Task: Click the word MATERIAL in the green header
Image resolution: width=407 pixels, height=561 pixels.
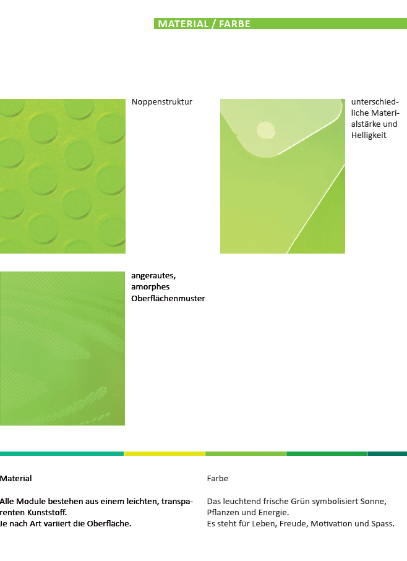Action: (183, 24)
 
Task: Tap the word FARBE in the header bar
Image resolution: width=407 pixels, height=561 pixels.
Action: (234, 24)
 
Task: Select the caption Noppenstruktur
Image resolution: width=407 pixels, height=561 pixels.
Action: (162, 102)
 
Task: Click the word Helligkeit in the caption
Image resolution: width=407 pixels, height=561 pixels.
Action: (369, 135)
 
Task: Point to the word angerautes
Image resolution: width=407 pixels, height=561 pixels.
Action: (153, 276)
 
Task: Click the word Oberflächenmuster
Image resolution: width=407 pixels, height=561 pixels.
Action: (168, 298)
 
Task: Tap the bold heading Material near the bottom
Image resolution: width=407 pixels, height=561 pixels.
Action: (15, 478)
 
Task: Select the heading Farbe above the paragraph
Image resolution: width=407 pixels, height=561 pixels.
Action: (218, 478)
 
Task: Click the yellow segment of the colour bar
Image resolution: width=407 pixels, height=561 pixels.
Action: (165, 453)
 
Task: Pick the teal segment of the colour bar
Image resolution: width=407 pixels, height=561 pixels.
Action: (61, 453)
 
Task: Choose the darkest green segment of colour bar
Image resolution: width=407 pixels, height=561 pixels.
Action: (387, 453)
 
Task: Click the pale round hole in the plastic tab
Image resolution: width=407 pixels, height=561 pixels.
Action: (266, 130)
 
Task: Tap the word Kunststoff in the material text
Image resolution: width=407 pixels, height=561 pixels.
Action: (47, 512)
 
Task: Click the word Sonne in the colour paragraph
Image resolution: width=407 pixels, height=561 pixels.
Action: (375, 501)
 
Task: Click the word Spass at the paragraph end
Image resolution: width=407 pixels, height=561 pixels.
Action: (383, 524)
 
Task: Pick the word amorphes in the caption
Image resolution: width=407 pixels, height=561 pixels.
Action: (150, 287)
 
